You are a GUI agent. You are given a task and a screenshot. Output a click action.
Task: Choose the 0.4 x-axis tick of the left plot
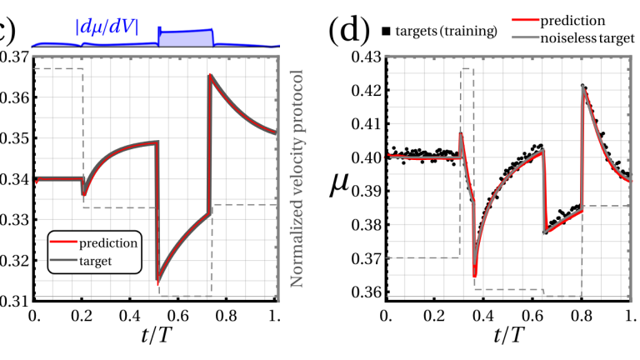(x=129, y=317)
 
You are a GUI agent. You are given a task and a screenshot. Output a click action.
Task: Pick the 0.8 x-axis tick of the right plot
(x=580, y=317)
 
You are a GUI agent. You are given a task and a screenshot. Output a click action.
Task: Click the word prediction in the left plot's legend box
(x=109, y=243)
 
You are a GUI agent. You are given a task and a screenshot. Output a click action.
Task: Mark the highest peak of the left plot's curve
(x=210, y=76)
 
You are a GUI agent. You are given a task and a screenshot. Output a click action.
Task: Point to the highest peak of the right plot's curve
(x=583, y=85)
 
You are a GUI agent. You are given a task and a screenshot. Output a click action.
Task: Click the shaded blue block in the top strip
(x=186, y=38)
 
